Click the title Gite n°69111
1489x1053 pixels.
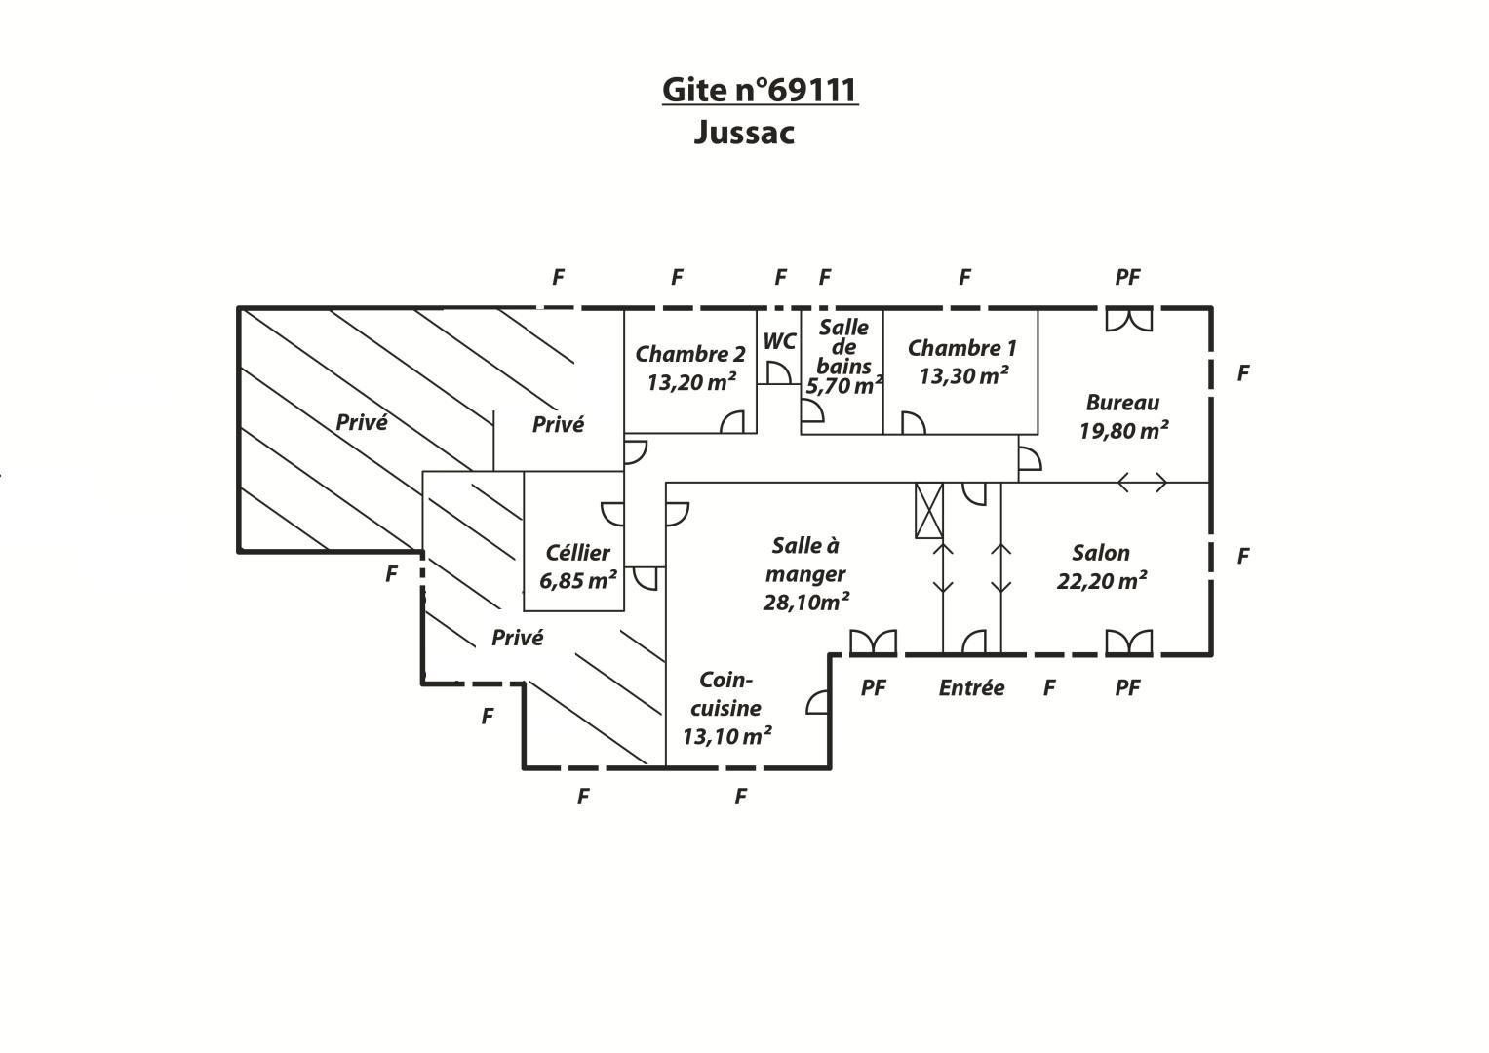(760, 90)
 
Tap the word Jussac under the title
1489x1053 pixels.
(744, 133)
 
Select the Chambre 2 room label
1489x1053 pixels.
(690, 354)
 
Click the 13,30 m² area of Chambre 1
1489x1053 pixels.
(963, 375)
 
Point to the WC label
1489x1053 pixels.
(779, 341)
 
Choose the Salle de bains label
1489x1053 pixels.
(843, 346)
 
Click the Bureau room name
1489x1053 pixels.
(1122, 402)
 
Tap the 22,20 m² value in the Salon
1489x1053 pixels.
(1102, 580)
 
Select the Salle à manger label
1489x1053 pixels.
(805, 560)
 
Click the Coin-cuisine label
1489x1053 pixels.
(725, 694)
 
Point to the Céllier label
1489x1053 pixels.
(577, 553)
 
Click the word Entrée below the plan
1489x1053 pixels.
(971, 687)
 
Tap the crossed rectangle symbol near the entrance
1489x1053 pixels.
(929, 511)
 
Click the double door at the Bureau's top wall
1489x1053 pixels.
(1129, 320)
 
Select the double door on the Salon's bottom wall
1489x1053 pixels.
(1129, 643)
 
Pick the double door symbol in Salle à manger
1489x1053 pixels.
(874, 643)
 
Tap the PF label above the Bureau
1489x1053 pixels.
(1128, 277)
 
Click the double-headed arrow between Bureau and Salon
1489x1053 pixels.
(1142, 483)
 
